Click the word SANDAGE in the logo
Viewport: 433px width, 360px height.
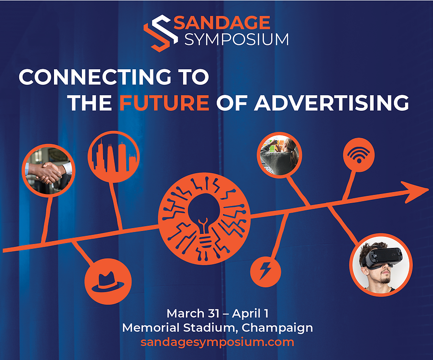[222, 22]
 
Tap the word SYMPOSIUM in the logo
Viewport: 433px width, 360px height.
[236, 39]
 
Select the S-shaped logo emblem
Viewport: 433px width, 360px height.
[161, 33]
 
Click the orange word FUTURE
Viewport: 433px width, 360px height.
[164, 103]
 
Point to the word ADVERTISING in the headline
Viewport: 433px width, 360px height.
[331, 103]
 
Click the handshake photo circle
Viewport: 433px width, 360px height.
[49, 170]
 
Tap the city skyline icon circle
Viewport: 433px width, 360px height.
[114, 156]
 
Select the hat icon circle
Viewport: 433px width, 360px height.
[108, 282]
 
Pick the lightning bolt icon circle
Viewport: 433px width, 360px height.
[266, 272]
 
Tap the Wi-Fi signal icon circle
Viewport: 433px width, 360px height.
[359, 155]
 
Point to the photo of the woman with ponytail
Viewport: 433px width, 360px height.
[279, 155]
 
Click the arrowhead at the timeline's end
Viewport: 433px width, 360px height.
[415, 192]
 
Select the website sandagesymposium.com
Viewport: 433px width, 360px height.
[217, 342]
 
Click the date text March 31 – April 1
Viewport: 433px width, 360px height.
[217, 313]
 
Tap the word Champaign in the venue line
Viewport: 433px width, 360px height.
[277, 328]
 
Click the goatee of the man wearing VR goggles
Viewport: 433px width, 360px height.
[385, 280]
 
